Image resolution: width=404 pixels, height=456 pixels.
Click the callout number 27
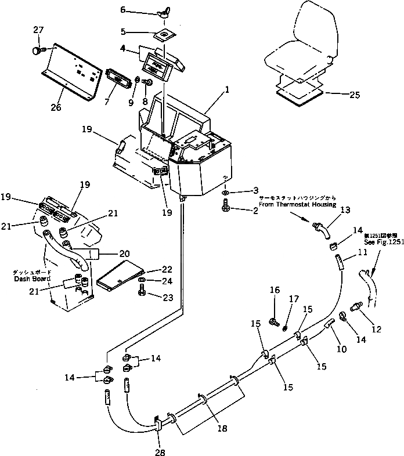tap(38, 30)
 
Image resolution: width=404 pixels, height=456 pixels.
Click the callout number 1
tap(228, 90)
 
